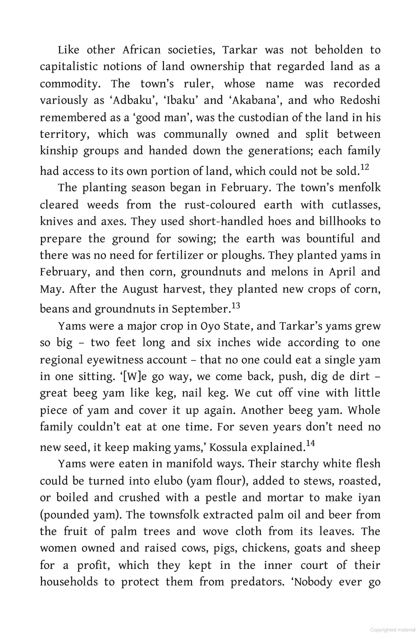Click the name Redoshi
[x=360, y=101]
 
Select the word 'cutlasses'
[x=356, y=205]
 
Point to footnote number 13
[x=236, y=306]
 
